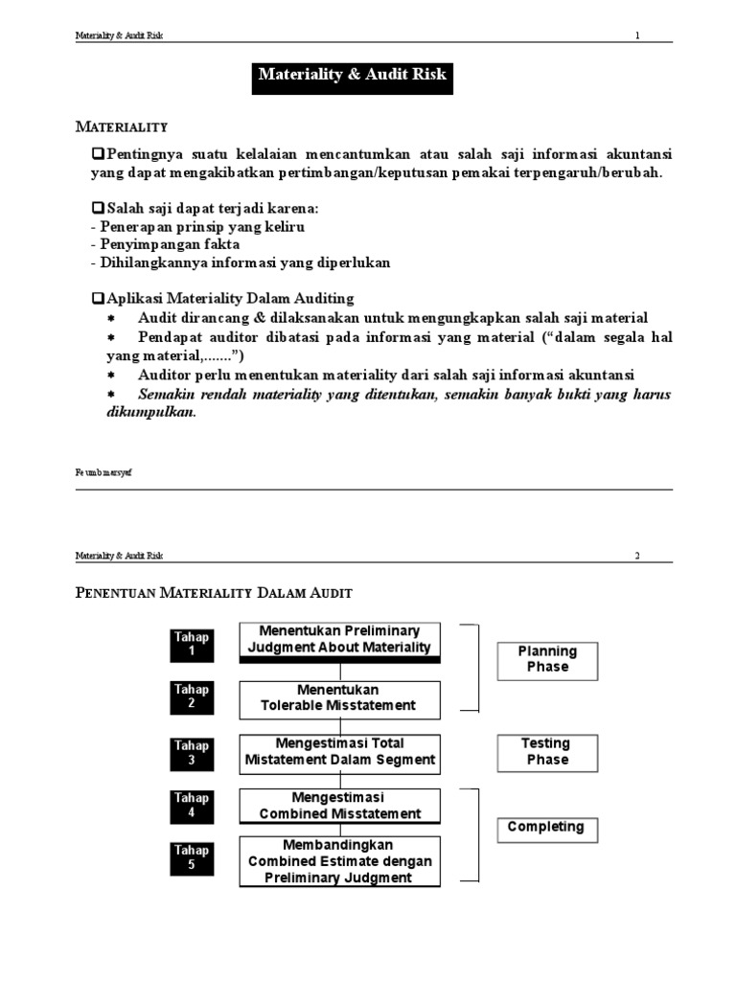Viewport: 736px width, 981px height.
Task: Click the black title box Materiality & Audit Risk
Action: coord(352,75)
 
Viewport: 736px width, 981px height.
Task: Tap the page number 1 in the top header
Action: coord(636,35)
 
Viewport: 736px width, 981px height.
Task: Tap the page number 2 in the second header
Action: coord(636,555)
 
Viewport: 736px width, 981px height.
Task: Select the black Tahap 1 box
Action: coord(192,645)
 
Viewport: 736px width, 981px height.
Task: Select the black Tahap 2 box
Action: coord(192,696)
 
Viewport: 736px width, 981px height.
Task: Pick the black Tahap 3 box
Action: coord(192,753)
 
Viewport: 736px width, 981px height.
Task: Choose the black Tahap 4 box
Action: coord(192,806)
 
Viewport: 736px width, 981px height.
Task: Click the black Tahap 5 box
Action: coord(192,857)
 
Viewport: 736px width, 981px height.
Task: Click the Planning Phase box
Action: coord(547,659)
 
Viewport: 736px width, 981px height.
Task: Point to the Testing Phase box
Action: coord(546,751)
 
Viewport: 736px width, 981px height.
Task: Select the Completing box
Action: coord(546,828)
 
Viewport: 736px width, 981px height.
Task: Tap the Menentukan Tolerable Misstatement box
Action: coord(339,697)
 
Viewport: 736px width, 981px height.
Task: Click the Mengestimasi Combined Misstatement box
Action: coord(339,806)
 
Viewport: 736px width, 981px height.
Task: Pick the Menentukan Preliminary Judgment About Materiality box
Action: coord(339,641)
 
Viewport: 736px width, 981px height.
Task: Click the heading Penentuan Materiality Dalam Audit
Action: coord(220,594)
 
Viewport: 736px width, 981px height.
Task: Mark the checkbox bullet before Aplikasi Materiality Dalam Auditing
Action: coord(97,299)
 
